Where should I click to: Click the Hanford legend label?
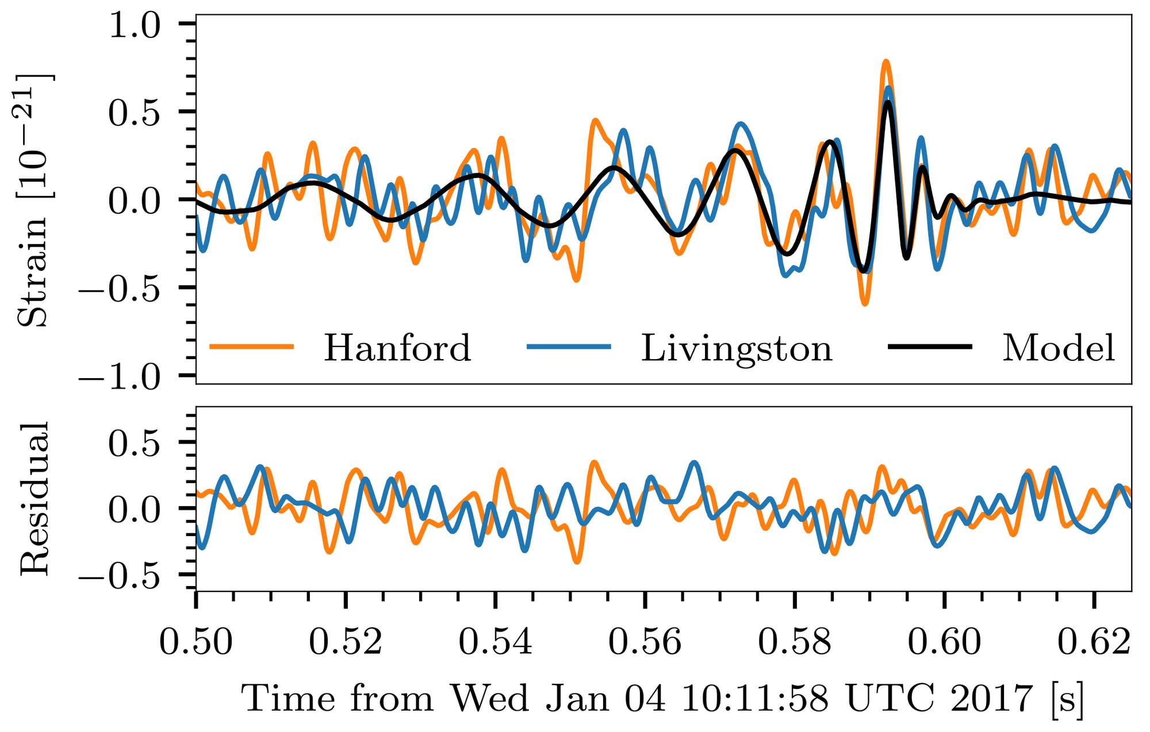tap(397, 348)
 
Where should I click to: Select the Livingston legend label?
tap(737, 348)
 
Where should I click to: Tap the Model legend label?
tap(1059, 348)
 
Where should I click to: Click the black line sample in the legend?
tap(930, 346)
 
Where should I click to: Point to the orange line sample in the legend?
tap(252, 346)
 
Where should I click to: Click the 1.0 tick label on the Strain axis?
tap(135, 26)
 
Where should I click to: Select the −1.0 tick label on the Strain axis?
tap(121, 377)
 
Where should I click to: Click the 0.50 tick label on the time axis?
tap(196, 642)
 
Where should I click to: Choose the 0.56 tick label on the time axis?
tap(645, 642)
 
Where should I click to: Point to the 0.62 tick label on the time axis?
tap(1094, 642)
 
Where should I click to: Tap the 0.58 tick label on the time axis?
tap(795, 642)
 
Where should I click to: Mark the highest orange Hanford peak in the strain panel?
tap(886, 61)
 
